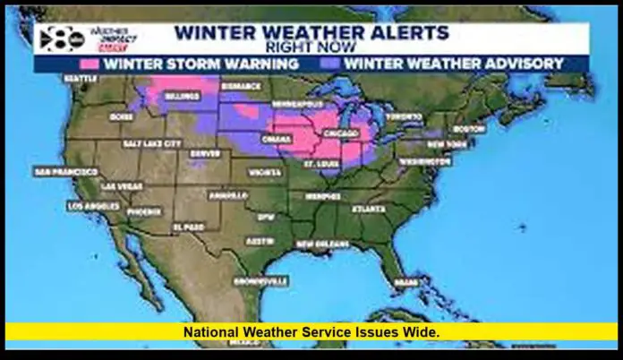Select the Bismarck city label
(x=239, y=86)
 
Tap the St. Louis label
(x=320, y=165)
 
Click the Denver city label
(x=205, y=152)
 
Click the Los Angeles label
(x=92, y=206)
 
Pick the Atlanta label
(x=368, y=210)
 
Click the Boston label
(x=469, y=128)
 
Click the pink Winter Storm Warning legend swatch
(x=90, y=64)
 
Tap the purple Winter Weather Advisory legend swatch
(x=331, y=64)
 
